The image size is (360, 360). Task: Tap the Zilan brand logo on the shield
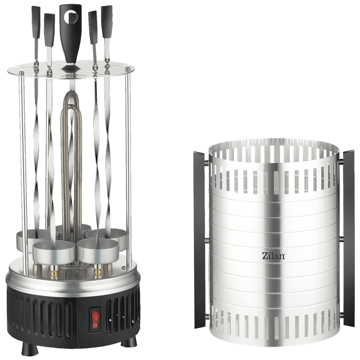pos(274,256)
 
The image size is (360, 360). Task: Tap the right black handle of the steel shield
pos(348,239)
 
